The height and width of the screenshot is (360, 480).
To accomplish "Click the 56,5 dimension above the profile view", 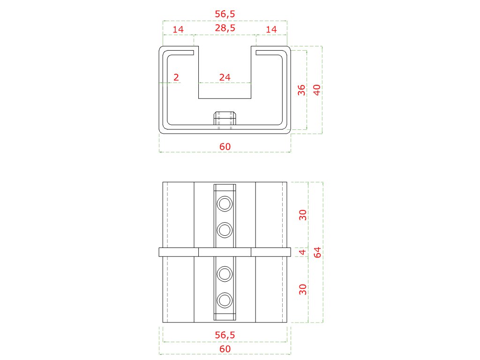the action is (225, 14).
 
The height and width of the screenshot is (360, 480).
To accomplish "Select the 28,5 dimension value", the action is (225, 28).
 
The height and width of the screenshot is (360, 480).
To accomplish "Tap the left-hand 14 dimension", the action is (178, 30).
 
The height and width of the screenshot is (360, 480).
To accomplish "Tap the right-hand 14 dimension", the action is (271, 30).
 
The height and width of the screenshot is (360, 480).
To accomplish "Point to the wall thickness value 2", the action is (176, 77).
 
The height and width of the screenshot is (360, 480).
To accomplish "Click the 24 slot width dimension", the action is (225, 77).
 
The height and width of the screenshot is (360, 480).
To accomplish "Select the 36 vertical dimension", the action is (301, 90).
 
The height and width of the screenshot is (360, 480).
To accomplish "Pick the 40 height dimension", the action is (317, 90).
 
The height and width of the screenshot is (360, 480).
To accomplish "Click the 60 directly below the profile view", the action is (225, 147).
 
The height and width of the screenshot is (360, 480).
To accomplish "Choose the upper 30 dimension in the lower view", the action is (303, 215).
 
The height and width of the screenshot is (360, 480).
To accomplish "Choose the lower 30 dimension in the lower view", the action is (303, 289).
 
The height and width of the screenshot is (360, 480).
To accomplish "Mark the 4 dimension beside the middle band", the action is (303, 252).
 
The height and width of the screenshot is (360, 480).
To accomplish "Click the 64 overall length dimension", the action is (318, 252).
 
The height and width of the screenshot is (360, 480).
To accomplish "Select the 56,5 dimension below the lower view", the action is (225, 335).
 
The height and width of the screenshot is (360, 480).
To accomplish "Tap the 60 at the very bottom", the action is (225, 349).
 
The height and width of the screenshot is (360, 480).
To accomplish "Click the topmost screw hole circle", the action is (225, 204).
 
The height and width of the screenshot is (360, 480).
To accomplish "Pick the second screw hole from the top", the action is (225, 230).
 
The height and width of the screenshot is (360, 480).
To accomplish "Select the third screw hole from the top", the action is (225, 274).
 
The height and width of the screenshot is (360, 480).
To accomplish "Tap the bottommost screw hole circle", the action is (225, 300).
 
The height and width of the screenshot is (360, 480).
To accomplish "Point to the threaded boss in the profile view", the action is (225, 120).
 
